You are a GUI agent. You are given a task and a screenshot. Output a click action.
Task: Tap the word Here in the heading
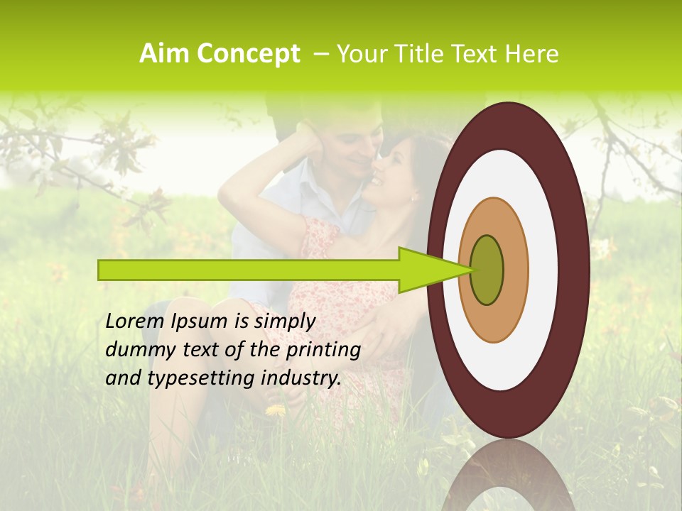click(x=531, y=54)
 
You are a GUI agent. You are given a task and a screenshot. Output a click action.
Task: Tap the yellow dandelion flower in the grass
click(x=275, y=410)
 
